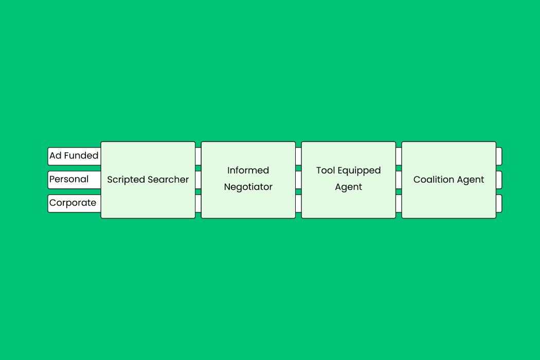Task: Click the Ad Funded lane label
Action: pyautogui.click(x=74, y=156)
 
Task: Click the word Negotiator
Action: pyautogui.click(x=248, y=187)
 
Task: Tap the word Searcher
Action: pyautogui.click(x=168, y=180)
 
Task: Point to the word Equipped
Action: pyautogui.click(x=359, y=171)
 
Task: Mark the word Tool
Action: pyautogui.click(x=325, y=171)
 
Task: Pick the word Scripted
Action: pyautogui.click(x=127, y=180)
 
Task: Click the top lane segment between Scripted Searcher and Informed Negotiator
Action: pyautogui.click(x=198, y=156)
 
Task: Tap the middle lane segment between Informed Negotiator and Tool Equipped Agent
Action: pyautogui.click(x=298, y=180)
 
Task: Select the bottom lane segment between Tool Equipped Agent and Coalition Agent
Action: pyautogui.click(x=399, y=204)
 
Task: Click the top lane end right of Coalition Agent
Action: pyautogui.click(x=499, y=156)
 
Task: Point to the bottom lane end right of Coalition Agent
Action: pyautogui.click(x=499, y=204)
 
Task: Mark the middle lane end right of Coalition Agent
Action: pyautogui.click(x=499, y=180)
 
